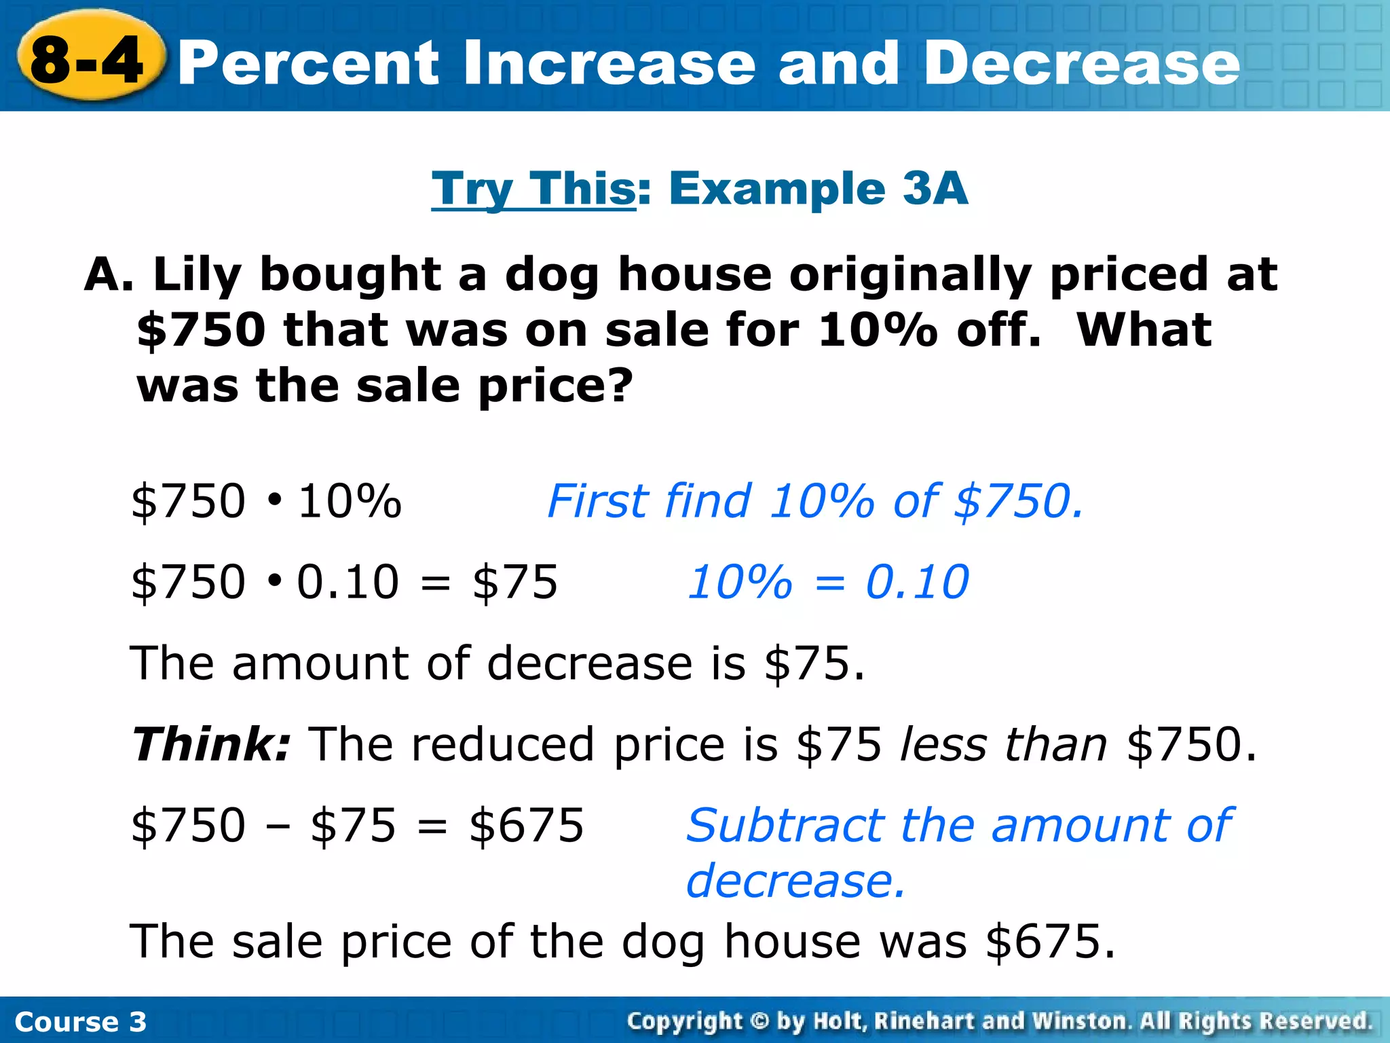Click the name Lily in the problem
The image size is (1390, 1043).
click(x=198, y=276)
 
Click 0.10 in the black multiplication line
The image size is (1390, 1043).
click(x=347, y=582)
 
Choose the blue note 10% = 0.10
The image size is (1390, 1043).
click(x=828, y=582)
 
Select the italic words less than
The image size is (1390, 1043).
click(x=1004, y=744)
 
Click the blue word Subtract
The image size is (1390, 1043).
click(x=785, y=826)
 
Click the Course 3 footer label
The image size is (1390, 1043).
click(x=80, y=1022)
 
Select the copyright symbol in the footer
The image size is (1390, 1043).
click(x=759, y=1021)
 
